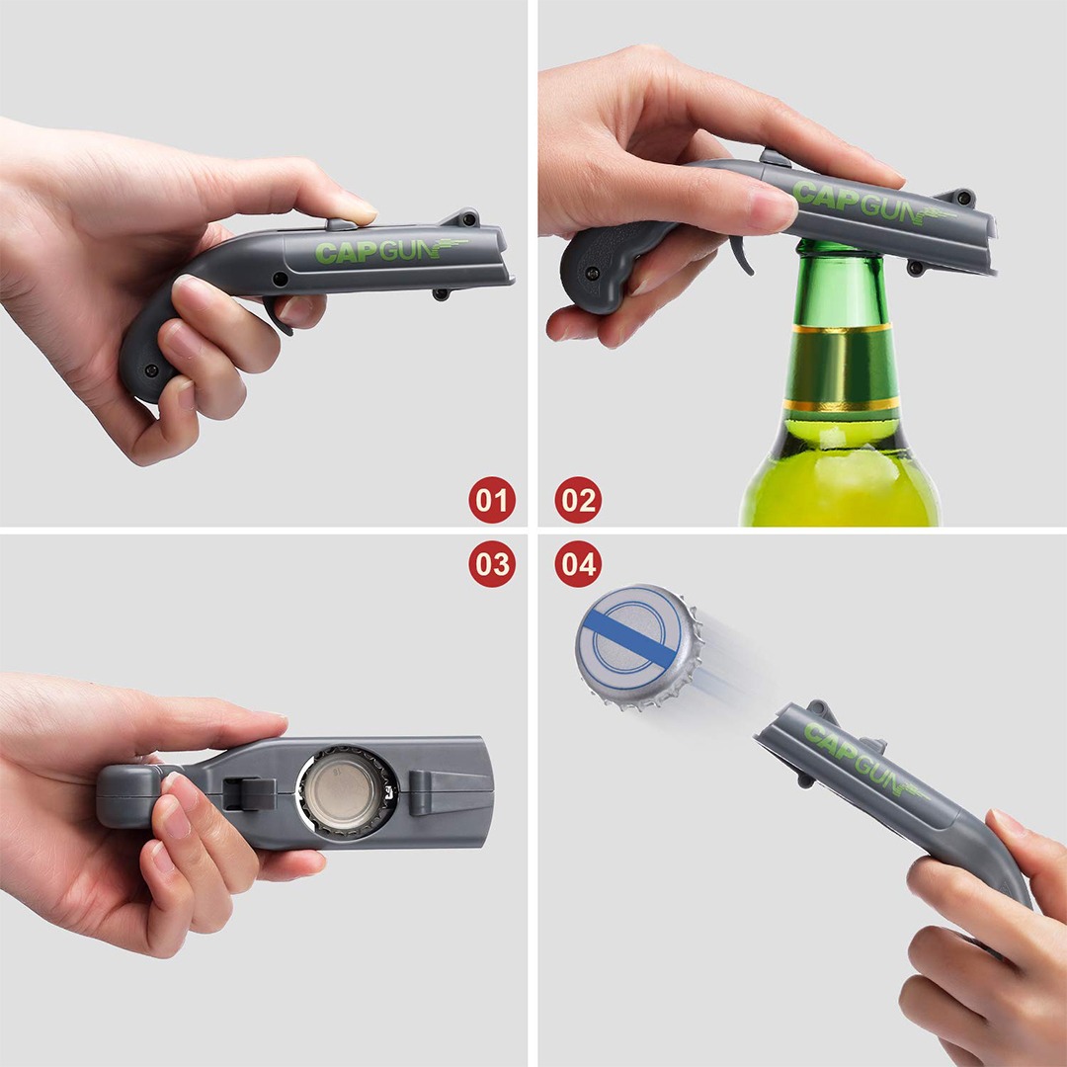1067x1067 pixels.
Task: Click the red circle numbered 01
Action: [x=492, y=500]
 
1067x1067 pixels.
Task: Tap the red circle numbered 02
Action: [x=578, y=500]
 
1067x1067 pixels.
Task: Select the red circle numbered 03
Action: [x=492, y=564]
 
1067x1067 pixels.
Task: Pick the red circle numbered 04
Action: [x=578, y=564]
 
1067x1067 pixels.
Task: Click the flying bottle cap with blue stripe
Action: [x=638, y=646]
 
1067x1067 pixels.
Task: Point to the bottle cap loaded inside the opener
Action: [x=348, y=792]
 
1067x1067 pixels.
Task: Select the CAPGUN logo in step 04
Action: [x=864, y=760]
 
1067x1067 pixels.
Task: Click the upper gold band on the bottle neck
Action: [x=842, y=329]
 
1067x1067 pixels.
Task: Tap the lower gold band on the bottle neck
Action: [x=841, y=406]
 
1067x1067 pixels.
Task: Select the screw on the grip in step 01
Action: [x=150, y=370]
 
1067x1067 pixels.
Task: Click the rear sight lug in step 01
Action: [x=462, y=217]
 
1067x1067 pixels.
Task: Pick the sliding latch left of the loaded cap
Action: [x=249, y=793]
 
